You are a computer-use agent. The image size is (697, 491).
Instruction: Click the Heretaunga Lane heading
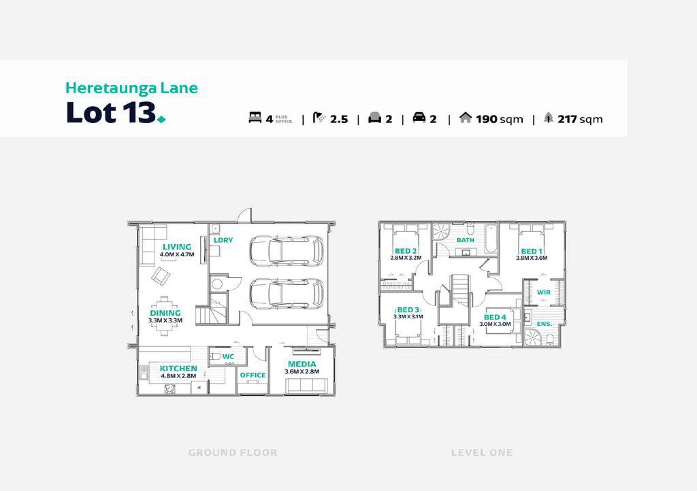(132, 88)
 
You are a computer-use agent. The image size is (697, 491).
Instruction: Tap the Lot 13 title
(115, 112)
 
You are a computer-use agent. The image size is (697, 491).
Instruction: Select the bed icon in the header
(255, 118)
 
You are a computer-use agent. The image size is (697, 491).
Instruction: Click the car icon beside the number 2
(419, 118)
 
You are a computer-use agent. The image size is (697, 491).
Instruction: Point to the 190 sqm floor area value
(499, 119)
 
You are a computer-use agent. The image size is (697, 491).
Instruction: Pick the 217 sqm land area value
(580, 119)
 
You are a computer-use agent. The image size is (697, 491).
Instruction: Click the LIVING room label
(177, 247)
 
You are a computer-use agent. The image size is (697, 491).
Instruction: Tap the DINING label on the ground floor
(165, 313)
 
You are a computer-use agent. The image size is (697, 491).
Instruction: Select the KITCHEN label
(178, 369)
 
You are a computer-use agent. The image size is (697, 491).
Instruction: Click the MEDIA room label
(302, 364)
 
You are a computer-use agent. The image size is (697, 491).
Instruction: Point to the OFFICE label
(253, 375)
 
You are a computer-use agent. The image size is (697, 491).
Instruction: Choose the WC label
(228, 356)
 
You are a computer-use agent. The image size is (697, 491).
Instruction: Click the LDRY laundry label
(223, 240)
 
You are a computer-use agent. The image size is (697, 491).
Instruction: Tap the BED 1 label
(532, 251)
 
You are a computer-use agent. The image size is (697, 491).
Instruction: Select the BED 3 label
(408, 310)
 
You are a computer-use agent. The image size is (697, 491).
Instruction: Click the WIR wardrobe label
(544, 293)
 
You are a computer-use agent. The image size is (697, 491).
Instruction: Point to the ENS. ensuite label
(545, 324)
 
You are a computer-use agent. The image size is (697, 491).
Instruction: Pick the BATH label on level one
(466, 240)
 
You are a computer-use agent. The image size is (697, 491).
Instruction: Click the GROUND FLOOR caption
(233, 452)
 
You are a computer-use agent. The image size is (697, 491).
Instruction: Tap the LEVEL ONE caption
(482, 452)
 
